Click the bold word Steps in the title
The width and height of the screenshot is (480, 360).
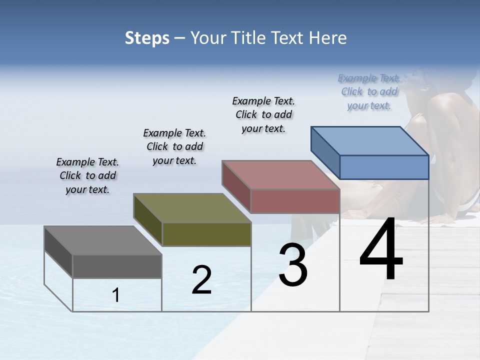click(x=147, y=38)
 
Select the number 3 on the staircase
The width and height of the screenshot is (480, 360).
click(x=293, y=265)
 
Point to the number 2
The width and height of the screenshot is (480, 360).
click(x=201, y=280)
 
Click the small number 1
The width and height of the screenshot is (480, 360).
click(x=116, y=295)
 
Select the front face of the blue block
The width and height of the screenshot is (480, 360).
click(x=384, y=167)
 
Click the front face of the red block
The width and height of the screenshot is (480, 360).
click(x=295, y=201)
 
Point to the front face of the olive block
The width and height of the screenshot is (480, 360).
click(x=206, y=234)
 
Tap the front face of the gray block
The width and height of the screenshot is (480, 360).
click(x=117, y=266)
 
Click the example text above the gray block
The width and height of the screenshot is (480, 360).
click(x=87, y=175)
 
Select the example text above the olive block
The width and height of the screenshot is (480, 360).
click(x=174, y=146)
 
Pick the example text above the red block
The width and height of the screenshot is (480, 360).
click(x=263, y=114)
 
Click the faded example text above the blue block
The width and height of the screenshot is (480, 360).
click(x=369, y=91)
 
